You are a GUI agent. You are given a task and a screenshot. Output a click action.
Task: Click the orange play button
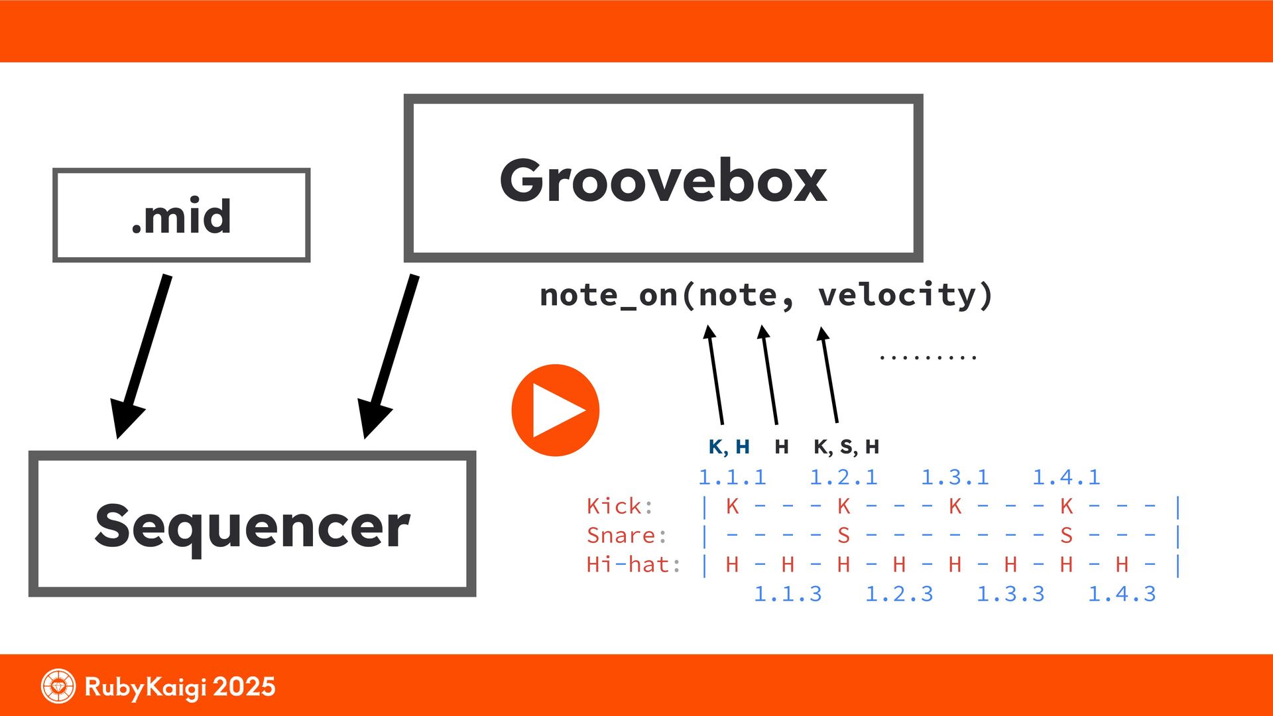click(x=555, y=410)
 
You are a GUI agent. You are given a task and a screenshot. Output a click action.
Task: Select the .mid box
click(x=181, y=215)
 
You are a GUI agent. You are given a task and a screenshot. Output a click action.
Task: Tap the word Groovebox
click(x=663, y=180)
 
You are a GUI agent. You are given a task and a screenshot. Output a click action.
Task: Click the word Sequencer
click(x=252, y=526)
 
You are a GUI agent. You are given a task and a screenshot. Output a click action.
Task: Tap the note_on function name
click(x=609, y=296)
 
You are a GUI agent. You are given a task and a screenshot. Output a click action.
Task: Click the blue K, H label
click(x=729, y=447)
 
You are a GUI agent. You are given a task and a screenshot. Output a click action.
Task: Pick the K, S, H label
click(x=846, y=447)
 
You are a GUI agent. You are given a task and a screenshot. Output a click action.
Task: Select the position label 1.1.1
click(x=732, y=477)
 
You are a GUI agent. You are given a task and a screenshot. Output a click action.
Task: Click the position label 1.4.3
click(x=1122, y=594)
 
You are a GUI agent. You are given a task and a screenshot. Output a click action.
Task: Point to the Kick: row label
click(x=619, y=507)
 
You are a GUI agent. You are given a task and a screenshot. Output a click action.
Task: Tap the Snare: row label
click(x=626, y=536)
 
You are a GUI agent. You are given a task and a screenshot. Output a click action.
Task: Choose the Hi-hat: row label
click(x=633, y=565)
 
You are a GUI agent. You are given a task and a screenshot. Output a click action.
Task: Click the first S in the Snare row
click(x=843, y=536)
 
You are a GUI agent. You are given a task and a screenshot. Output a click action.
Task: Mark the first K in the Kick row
click(x=732, y=507)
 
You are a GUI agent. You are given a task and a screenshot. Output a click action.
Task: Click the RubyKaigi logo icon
click(x=58, y=686)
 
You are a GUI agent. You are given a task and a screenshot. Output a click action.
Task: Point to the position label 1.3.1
click(x=955, y=477)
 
